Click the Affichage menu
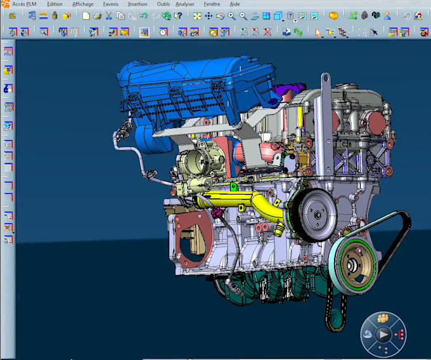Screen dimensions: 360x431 click(x=82, y=4)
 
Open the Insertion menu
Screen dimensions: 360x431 click(x=138, y=4)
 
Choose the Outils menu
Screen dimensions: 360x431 click(x=163, y=4)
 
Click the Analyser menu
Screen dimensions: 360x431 click(x=185, y=4)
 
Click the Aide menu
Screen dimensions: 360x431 click(x=235, y=4)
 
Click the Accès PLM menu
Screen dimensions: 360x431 click(x=24, y=4)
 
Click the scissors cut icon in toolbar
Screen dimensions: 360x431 click(x=108, y=16)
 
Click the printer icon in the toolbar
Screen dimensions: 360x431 click(x=96, y=16)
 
